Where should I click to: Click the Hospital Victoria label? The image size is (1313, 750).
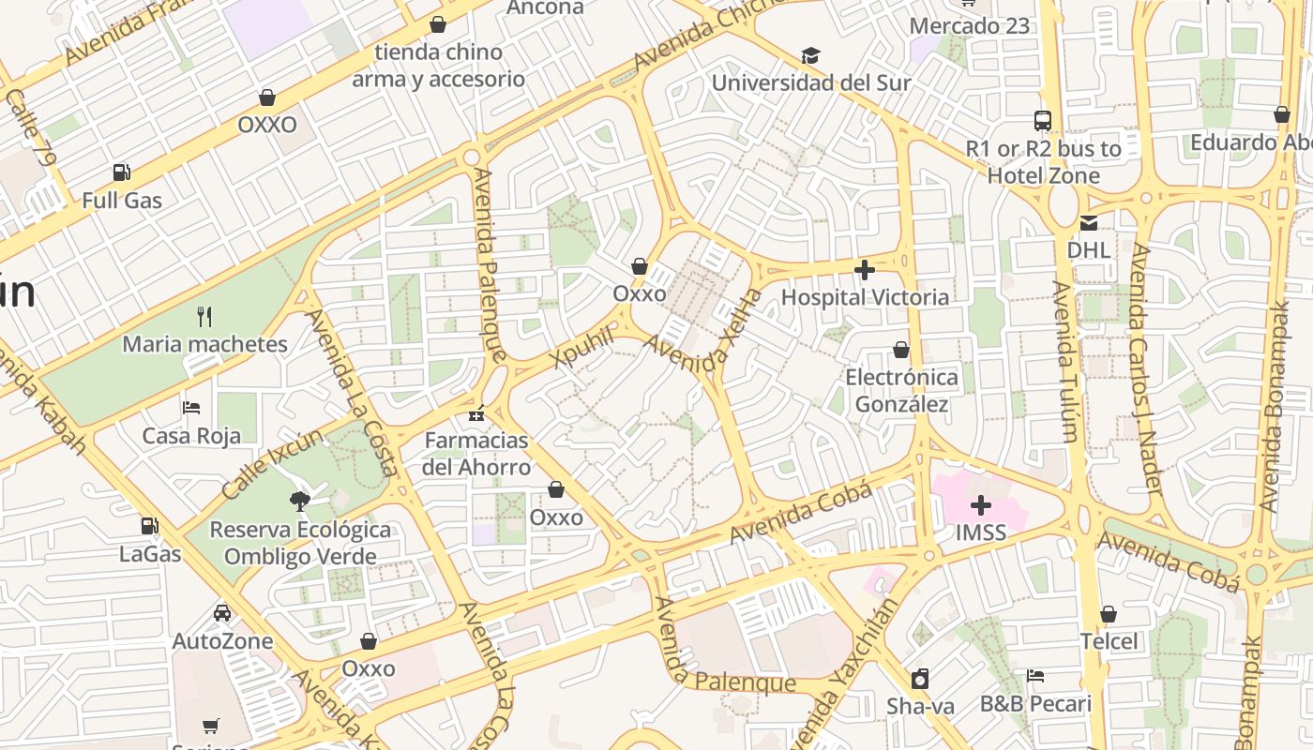coord(865,297)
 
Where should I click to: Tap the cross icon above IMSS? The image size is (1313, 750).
coord(981,506)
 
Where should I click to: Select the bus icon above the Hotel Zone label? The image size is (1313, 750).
coord(1043,120)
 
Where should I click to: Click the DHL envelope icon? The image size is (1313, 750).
coord(1088,222)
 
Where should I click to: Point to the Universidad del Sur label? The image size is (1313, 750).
coord(810,82)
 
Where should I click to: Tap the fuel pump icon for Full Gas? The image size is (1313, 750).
coord(121,172)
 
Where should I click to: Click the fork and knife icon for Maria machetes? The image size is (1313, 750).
coord(204,316)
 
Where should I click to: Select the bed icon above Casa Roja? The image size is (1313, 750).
coord(190,408)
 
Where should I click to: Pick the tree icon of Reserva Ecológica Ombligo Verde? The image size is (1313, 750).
coord(300,501)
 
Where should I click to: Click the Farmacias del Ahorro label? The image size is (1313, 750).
coord(476,454)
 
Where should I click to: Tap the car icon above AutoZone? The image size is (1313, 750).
coord(222,613)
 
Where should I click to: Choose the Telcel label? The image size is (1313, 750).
coord(1108,642)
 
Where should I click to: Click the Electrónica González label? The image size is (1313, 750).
coord(901,391)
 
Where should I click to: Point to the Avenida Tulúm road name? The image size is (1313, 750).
coord(1065,361)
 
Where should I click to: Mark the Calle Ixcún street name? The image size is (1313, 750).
coord(272,464)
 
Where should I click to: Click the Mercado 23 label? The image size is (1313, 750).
coord(969,25)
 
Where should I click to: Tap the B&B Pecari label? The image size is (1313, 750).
coord(1035,704)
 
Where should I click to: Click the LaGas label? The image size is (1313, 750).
coord(150,554)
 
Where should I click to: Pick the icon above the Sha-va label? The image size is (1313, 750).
coord(920,679)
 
